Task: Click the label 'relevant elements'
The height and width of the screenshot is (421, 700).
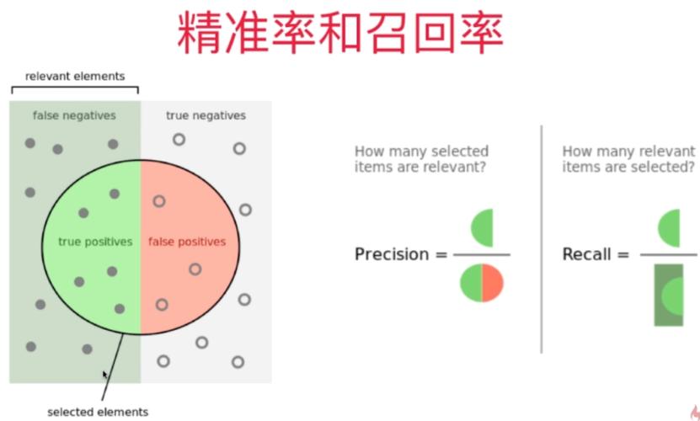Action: pyautogui.click(x=75, y=76)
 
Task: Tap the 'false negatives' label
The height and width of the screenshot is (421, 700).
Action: pyautogui.click(x=74, y=115)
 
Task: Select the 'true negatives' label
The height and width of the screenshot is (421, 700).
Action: pyautogui.click(x=206, y=115)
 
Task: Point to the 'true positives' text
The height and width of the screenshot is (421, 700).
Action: pyautogui.click(x=95, y=242)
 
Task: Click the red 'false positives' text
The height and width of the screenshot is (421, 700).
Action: pyautogui.click(x=187, y=242)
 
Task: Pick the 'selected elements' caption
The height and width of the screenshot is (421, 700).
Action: pyautogui.click(x=98, y=412)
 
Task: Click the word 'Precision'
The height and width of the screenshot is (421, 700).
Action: pyautogui.click(x=392, y=254)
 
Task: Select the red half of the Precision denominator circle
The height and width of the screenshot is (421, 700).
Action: pyautogui.click(x=493, y=283)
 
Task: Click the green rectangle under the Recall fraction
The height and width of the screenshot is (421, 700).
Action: pyautogui.click(x=669, y=295)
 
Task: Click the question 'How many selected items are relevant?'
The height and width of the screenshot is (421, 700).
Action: pyautogui.click(x=421, y=158)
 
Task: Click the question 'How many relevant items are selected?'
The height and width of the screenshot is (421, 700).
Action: pyautogui.click(x=628, y=158)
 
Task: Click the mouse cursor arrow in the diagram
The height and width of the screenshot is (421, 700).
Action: pyautogui.click(x=105, y=375)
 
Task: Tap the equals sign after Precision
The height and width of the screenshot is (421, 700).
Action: pyautogui.click(x=441, y=254)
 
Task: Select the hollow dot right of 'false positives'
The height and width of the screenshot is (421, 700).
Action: pyautogui.click(x=245, y=210)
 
